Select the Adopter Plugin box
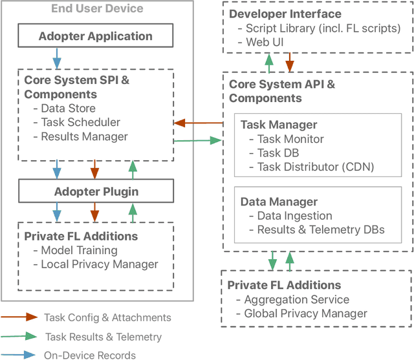pyautogui.click(x=96, y=191)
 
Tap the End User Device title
pyautogui.click(x=97, y=9)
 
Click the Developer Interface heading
pyautogui.click(x=286, y=14)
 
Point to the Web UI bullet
pyautogui.click(x=263, y=42)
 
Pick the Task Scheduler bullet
pyautogui.click(x=80, y=122)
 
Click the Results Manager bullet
pyautogui.click(x=84, y=136)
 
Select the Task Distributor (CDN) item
pyautogui.click(x=316, y=167)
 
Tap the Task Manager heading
pyautogui.click(x=279, y=125)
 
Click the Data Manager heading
pyautogui.click(x=279, y=202)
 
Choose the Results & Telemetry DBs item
pyautogui.click(x=321, y=230)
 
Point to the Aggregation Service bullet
pyautogui.click(x=296, y=300)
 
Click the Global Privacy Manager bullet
pyautogui.click(x=305, y=313)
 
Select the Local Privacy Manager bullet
pyautogui.click(x=99, y=264)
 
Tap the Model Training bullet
pyautogui.click(x=79, y=250)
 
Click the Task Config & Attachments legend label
pyautogui.click(x=107, y=317)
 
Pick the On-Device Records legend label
pyautogui.click(x=89, y=355)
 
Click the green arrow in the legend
pyautogui.click(x=19, y=336)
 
